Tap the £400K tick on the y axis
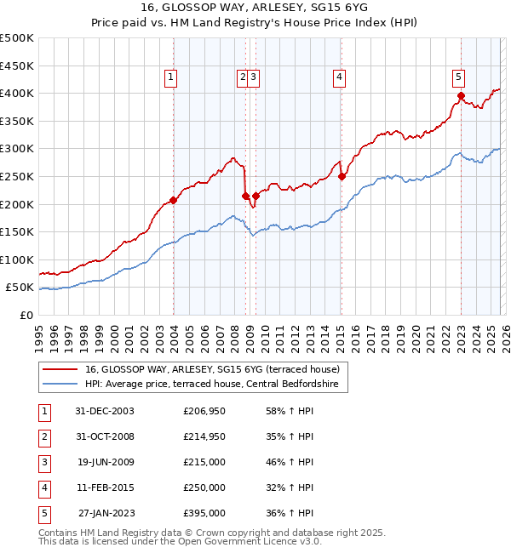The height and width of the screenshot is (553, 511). tap(17, 93)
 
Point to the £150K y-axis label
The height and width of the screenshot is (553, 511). tap(17, 231)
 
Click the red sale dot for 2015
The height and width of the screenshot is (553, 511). tap(342, 176)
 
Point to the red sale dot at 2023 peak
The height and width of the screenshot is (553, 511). tap(461, 96)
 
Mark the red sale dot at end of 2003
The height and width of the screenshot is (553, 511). tap(173, 201)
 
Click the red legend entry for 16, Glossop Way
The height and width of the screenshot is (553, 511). tap(212, 369)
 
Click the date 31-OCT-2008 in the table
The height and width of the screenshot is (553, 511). tap(104, 436)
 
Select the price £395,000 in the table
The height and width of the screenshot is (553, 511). tap(204, 513)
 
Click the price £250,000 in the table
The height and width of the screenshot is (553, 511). tap(204, 487)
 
